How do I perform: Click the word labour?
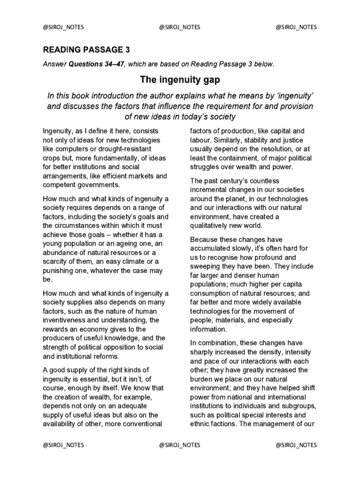[201, 140]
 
